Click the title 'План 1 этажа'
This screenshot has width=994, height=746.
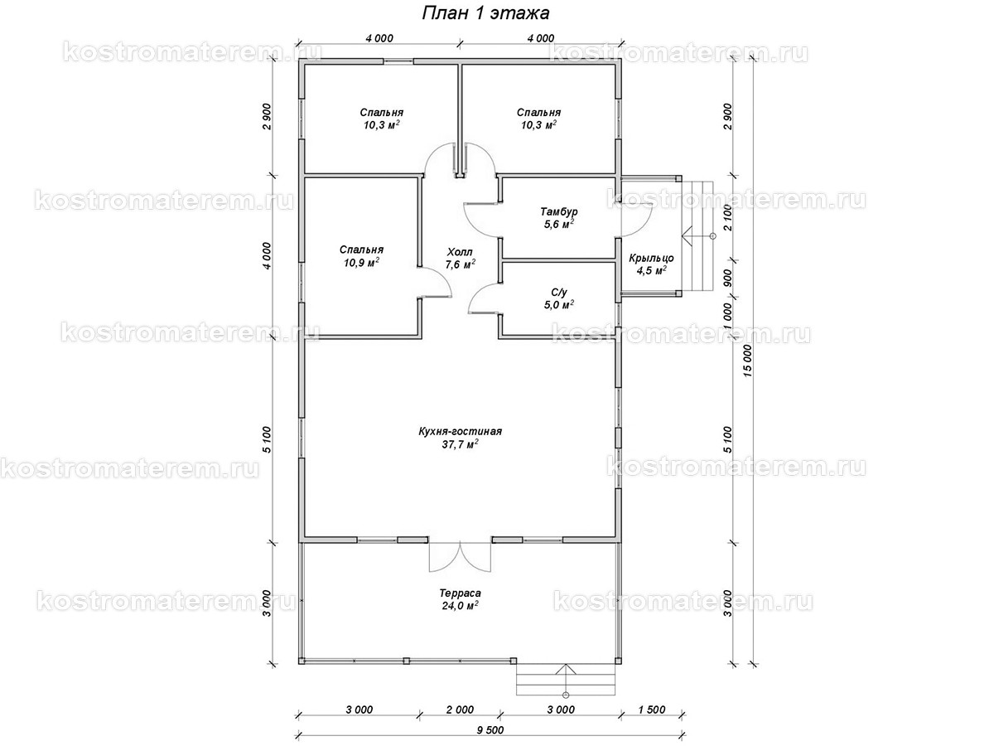click(485, 13)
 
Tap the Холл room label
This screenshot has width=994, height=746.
click(460, 252)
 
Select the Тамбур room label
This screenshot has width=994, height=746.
click(559, 211)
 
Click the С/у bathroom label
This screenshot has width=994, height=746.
click(559, 292)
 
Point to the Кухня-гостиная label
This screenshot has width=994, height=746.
click(460, 431)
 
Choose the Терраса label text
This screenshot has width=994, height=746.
click(460, 593)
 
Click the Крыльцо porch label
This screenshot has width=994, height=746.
click(651, 258)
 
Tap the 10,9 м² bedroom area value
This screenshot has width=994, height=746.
click(361, 263)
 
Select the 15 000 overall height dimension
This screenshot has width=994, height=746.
click(747, 361)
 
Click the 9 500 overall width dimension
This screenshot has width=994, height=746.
click(490, 730)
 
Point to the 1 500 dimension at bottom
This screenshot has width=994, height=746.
click(652, 710)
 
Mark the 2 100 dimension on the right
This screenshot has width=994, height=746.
click(728, 218)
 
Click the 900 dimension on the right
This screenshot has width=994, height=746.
click(728, 279)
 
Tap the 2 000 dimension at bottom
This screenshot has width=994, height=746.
click(460, 710)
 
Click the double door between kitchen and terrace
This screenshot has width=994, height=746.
click(460, 555)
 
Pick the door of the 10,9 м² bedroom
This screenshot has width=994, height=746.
click(435, 282)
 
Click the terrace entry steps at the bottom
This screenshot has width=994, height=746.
click(566, 680)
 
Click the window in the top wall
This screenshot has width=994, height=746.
click(398, 61)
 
